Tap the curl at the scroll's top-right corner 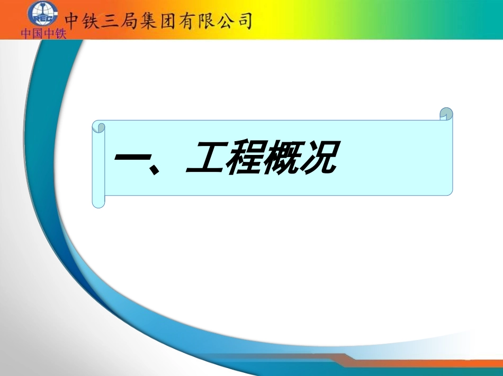tap(446, 114)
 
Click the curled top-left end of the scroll tap(98, 127)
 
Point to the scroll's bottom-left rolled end tap(98, 200)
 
